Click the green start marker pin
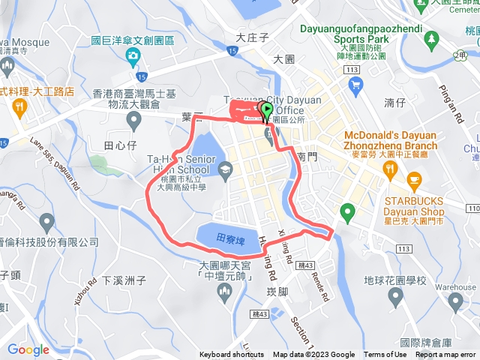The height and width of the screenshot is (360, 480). [x=266, y=112]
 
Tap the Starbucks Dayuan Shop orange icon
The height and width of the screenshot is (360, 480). [x=413, y=180]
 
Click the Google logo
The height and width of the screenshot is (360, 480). [x=28, y=349]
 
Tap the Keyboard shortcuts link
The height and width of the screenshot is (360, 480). [x=232, y=355]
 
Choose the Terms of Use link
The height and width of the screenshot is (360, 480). [x=385, y=355]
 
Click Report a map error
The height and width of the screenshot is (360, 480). [x=445, y=355]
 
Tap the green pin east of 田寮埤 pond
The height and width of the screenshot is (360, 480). [x=346, y=212]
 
